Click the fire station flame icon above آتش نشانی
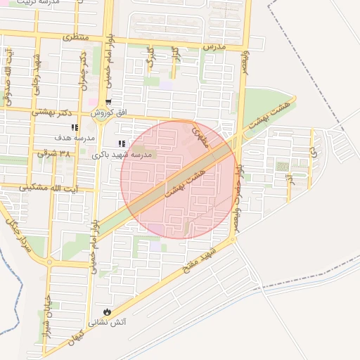pyautogui.click(x=106, y=311)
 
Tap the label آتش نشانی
pyautogui.click(x=107, y=323)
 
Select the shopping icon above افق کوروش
pyautogui.click(x=108, y=101)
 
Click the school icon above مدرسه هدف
pyautogui.click(x=74, y=127)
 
